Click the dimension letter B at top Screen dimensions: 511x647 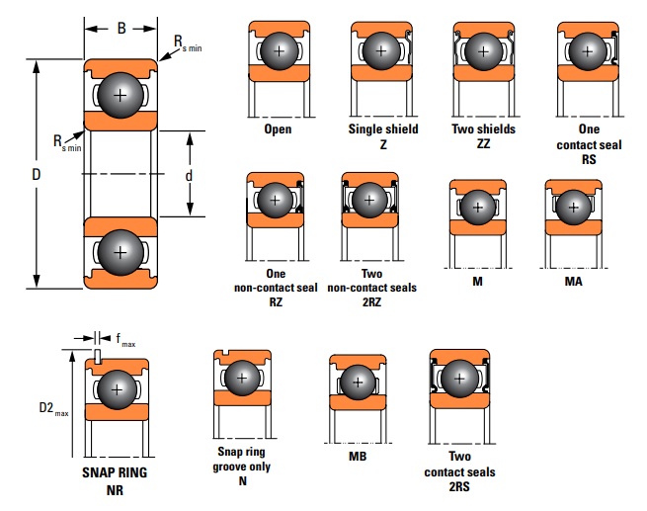click(x=121, y=29)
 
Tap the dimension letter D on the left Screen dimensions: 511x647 click(x=36, y=174)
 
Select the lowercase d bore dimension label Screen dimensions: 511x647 click(x=188, y=174)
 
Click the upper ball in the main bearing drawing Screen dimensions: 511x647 click(x=121, y=96)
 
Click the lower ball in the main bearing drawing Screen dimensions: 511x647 click(x=121, y=252)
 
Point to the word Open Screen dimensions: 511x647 click(x=278, y=129)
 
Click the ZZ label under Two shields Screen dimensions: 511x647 click(x=483, y=143)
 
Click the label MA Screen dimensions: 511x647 click(x=573, y=282)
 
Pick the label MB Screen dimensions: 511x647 click(x=357, y=458)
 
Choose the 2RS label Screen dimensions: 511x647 click(x=459, y=486)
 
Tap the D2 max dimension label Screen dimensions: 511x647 click(x=52, y=407)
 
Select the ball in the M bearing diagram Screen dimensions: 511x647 click(x=478, y=209)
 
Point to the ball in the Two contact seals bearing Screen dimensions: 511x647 click(x=459, y=378)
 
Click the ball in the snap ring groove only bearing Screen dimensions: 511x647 click(x=243, y=378)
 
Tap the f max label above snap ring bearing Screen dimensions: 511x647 click(x=124, y=341)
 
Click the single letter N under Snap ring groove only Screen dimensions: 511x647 click(x=243, y=481)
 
